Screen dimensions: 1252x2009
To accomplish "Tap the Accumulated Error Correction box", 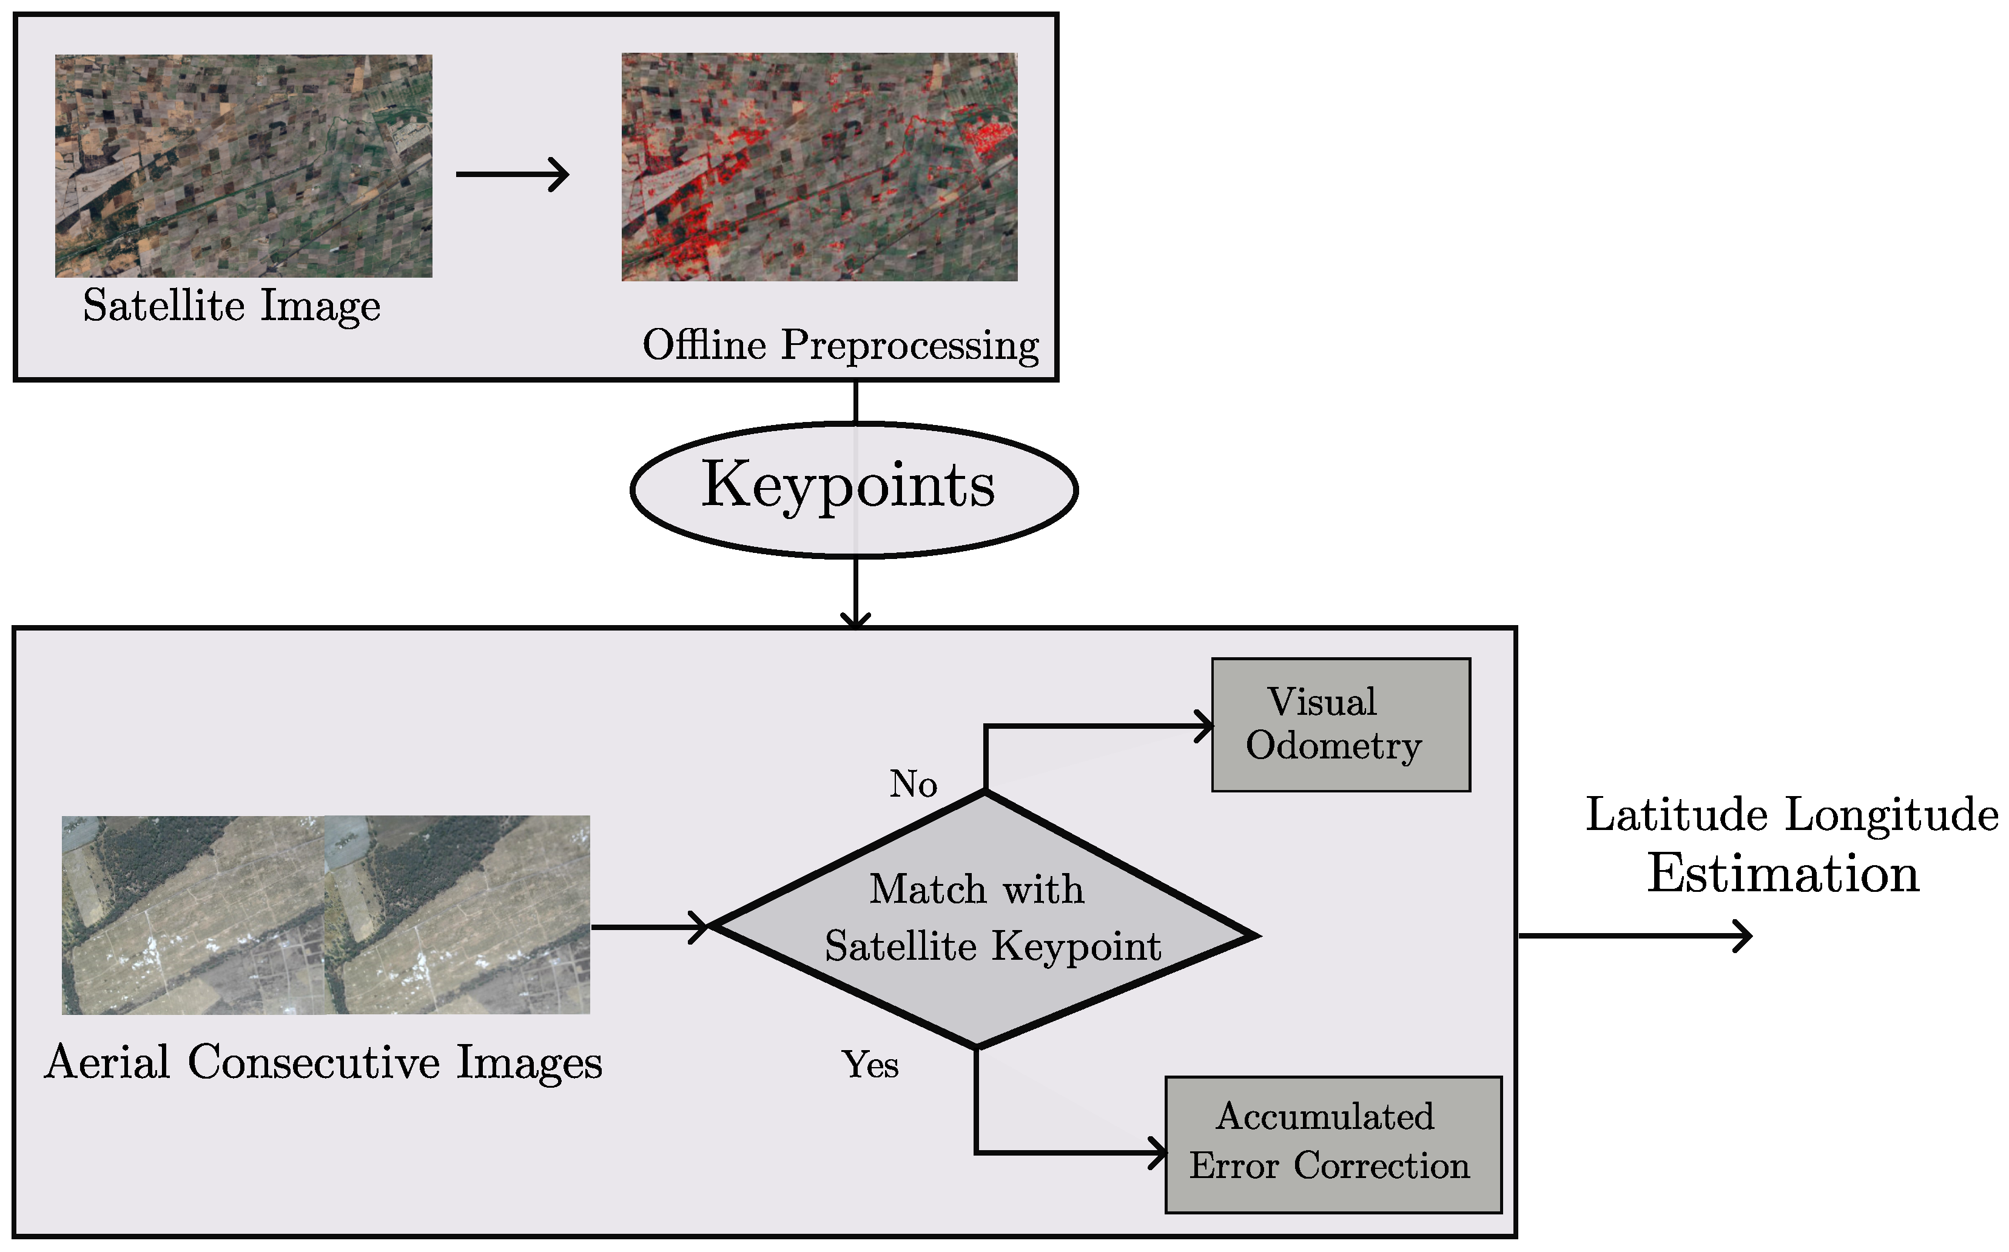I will point(1332,1143).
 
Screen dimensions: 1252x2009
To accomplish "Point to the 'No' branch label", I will point(913,783).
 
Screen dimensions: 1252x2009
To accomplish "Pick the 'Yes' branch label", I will point(870,1064).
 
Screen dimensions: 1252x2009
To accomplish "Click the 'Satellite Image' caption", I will point(232,306).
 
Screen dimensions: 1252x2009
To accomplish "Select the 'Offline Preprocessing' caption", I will point(840,344).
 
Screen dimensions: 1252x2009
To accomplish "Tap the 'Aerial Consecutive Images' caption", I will point(323,1062).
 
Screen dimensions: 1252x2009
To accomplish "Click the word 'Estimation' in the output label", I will point(1782,874).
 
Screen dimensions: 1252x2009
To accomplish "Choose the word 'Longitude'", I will point(1891,815).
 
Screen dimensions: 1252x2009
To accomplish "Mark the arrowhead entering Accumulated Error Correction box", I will point(1157,1152).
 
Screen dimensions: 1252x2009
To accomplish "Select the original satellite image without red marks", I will point(244,166).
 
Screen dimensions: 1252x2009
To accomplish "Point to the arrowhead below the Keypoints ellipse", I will point(855,620).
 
